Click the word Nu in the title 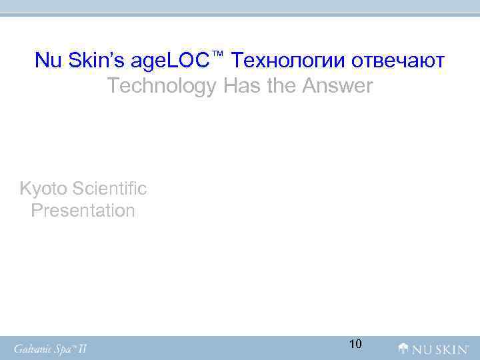tap(47, 61)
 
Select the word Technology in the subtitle tap(161, 86)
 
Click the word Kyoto tap(43, 189)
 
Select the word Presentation tap(83, 211)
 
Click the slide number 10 tap(355, 344)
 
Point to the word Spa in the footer tap(68, 348)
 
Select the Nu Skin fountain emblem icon tap(404, 348)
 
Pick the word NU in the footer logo tap(421, 348)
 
